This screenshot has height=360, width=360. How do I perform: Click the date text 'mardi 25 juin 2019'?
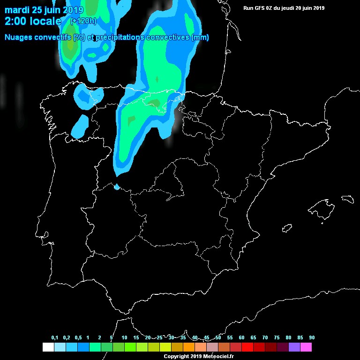pos(44,10)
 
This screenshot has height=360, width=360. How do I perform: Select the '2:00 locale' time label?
pos(33,21)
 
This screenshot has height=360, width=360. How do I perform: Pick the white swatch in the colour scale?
pos(48,347)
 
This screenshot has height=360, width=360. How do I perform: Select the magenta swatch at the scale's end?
pos(306,347)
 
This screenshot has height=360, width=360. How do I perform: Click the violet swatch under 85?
pos(294,347)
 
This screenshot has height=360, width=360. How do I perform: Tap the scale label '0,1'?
pos(54,338)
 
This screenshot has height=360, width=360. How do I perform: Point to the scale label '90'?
pos(312,338)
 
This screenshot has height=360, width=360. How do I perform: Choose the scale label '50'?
pos(218,338)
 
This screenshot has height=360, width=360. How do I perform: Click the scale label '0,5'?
pos(78,338)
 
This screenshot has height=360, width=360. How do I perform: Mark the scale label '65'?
pos(253,338)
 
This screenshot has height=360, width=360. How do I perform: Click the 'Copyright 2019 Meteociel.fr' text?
pos(198,357)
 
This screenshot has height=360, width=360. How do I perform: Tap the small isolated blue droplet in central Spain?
pos(117,187)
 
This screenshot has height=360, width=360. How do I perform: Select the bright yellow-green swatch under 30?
pos(165,347)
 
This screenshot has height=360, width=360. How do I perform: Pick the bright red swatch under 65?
pos(247,347)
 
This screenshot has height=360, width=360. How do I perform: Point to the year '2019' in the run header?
pos(318,8)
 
